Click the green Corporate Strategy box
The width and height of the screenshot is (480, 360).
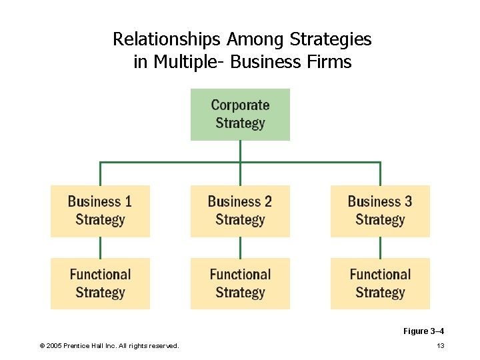(240, 114)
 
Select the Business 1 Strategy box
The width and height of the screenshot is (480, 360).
(100, 211)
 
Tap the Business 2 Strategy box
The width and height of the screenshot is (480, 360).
(240, 211)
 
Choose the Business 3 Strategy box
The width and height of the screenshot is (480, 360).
(380, 211)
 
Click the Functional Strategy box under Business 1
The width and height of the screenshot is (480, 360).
(100, 283)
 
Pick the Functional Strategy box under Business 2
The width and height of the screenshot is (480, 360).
(240, 283)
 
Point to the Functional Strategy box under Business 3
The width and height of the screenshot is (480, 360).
(380, 283)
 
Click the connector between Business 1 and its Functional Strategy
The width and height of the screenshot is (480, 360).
(100, 247)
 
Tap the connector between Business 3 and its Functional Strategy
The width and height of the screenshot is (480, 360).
(380, 247)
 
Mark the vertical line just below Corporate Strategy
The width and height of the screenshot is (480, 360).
(240, 151)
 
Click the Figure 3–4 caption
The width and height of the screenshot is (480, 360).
(423, 331)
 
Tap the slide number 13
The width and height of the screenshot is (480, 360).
(440, 345)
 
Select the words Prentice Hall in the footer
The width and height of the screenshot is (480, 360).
(91, 345)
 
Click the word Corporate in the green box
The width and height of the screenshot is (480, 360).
(240, 105)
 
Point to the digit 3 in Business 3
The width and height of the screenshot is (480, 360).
(408, 201)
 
